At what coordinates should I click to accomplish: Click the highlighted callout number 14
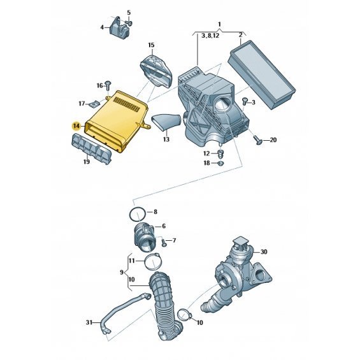click(x=76, y=126)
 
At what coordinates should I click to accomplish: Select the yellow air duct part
click(x=117, y=120)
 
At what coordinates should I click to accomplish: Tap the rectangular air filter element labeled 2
click(x=262, y=75)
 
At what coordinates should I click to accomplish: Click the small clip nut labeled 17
click(x=94, y=105)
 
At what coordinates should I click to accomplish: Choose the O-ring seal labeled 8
click(x=138, y=214)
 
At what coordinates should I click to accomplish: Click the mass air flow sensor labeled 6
click(x=145, y=237)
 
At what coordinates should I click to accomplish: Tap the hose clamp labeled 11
click(x=153, y=262)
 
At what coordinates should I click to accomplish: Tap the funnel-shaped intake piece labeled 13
click(x=167, y=122)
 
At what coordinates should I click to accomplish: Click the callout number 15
click(x=151, y=45)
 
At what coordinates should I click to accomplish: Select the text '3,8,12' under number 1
click(x=210, y=36)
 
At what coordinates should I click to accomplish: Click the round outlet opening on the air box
click(x=222, y=104)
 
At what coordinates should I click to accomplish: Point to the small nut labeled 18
click(x=220, y=163)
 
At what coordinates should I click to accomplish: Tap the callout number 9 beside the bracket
click(x=122, y=272)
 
